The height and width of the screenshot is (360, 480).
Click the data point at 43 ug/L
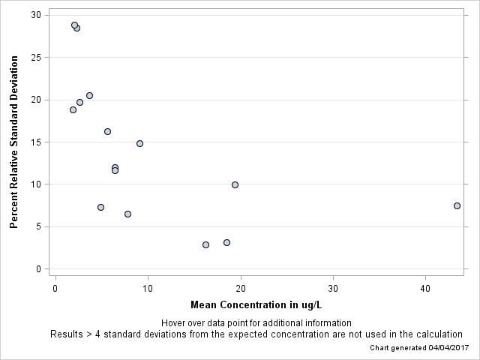(x=457, y=205)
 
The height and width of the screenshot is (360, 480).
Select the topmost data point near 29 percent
(x=74, y=25)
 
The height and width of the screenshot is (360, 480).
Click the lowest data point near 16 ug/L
(x=205, y=244)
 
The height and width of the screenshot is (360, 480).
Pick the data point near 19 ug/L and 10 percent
(x=235, y=184)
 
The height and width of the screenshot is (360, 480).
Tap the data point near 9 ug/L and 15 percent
(x=139, y=143)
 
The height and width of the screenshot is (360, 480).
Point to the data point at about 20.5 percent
(x=89, y=95)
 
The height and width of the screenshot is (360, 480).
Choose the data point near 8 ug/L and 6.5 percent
(x=127, y=214)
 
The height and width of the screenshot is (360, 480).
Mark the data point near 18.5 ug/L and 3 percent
(x=226, y=242)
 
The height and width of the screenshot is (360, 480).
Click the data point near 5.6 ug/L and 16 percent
(x=107, y=131)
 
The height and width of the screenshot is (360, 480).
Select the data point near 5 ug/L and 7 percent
(x=100, y=207)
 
